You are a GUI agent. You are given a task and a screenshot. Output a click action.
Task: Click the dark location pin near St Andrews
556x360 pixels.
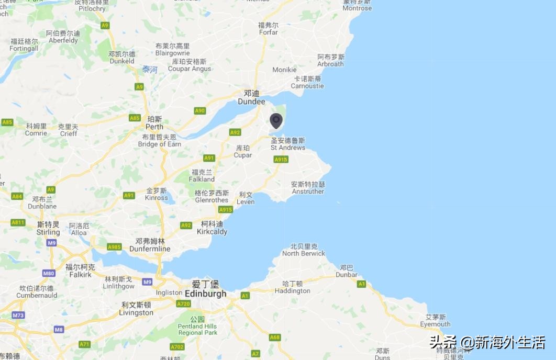click(276, 121)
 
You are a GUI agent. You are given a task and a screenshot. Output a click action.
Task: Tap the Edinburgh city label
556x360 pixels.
click(205, 289)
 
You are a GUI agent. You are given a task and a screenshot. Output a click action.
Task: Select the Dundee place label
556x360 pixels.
click(251, 97)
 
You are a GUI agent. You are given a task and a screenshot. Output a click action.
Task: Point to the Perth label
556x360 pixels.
click(154, 123)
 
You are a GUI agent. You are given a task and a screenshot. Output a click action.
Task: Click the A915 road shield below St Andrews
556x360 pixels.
click(281, 160)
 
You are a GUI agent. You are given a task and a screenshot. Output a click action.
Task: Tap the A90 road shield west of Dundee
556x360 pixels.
click(200, 110)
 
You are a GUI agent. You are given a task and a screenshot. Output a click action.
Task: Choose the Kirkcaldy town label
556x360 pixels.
click(212, 228)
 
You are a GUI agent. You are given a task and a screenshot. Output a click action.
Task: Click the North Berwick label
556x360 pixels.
click(304, 250)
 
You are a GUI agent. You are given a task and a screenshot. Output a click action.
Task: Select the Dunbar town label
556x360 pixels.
click(347, 271)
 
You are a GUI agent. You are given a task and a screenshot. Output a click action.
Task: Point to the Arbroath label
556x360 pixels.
click(331, 60)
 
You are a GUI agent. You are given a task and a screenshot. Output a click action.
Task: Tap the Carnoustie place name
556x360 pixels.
click(307, 82)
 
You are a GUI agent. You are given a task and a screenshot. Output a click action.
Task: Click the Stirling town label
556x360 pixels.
click(48, 228)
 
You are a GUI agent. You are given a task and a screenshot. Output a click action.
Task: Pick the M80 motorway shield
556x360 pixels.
click(49, 273)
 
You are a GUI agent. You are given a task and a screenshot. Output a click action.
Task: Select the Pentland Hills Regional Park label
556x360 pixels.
click(197, 326)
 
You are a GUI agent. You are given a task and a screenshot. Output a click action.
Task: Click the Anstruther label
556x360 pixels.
click(308, 188)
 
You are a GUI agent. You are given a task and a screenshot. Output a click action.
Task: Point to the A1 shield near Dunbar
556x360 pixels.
click(361, 284)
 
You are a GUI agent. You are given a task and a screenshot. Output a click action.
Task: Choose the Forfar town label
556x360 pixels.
click(268, 29)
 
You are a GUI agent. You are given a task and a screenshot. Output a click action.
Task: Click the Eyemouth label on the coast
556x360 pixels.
click(435, 321)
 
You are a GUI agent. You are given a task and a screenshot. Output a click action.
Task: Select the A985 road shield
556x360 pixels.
click(114, 246)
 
